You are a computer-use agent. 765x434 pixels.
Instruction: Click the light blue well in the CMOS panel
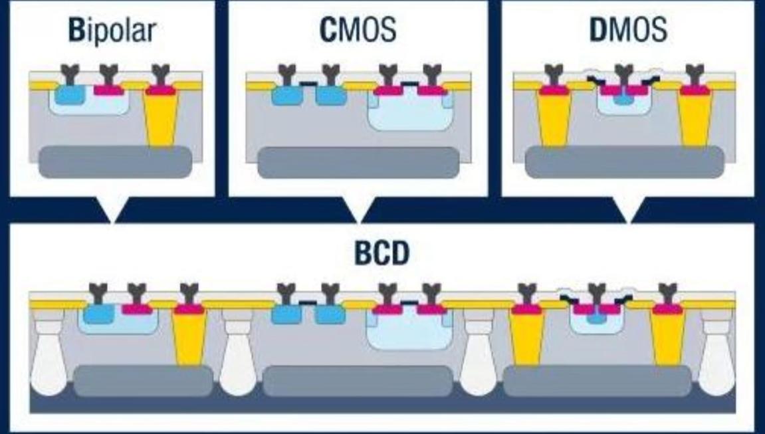click(407, 113)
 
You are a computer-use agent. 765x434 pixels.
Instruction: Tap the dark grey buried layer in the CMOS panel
click(358, 162)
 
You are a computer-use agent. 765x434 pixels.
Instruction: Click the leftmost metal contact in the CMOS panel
click(286, 74)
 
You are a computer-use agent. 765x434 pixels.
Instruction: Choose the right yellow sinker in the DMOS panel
click(695, 118)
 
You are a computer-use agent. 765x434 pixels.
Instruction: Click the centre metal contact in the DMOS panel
click(623, 74)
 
